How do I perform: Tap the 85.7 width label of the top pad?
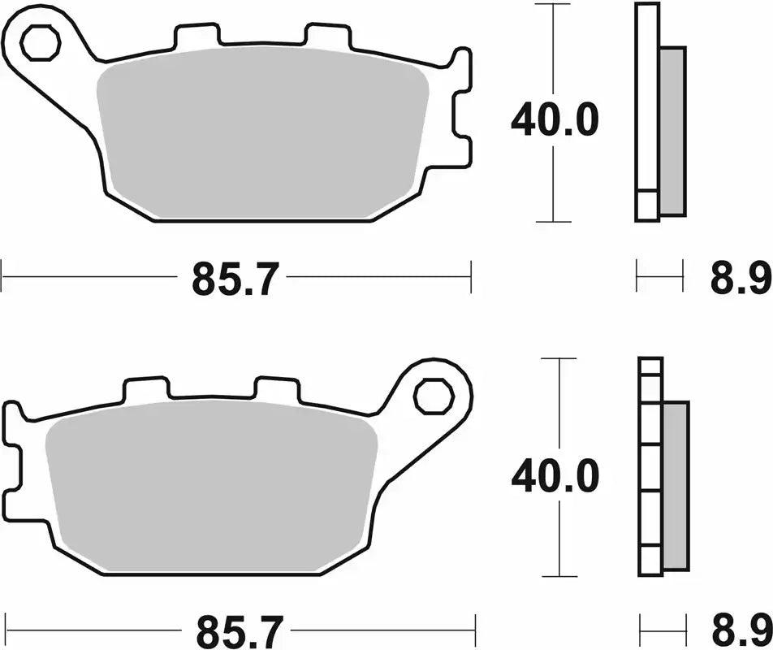235,280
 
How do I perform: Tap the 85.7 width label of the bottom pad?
240,630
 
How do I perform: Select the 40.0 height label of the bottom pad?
555,475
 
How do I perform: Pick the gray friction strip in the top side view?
672,130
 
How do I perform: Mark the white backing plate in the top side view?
646,106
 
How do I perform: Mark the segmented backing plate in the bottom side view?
650,467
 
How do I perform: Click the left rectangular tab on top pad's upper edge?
197,35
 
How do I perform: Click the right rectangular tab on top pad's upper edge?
327,35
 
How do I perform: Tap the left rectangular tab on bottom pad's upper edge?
146,389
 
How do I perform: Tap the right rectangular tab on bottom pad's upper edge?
277,389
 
